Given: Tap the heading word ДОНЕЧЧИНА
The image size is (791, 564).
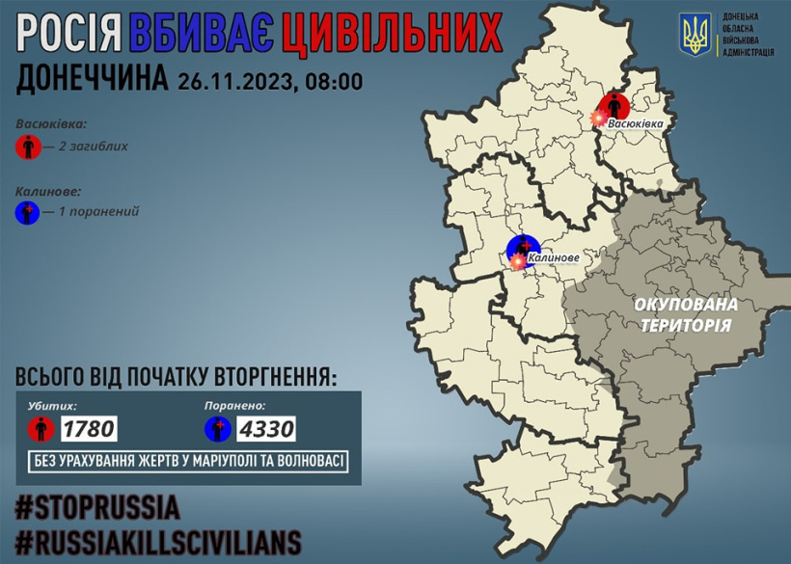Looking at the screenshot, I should (92, 81).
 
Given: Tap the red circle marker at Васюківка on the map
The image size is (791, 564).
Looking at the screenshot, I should (614, 106).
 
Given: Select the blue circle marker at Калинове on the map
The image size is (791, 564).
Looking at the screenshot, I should (522, 250).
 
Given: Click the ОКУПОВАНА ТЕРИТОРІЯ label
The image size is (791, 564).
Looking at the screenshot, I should (686, 315).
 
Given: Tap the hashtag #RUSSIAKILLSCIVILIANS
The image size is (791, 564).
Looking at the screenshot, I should (158, 540).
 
